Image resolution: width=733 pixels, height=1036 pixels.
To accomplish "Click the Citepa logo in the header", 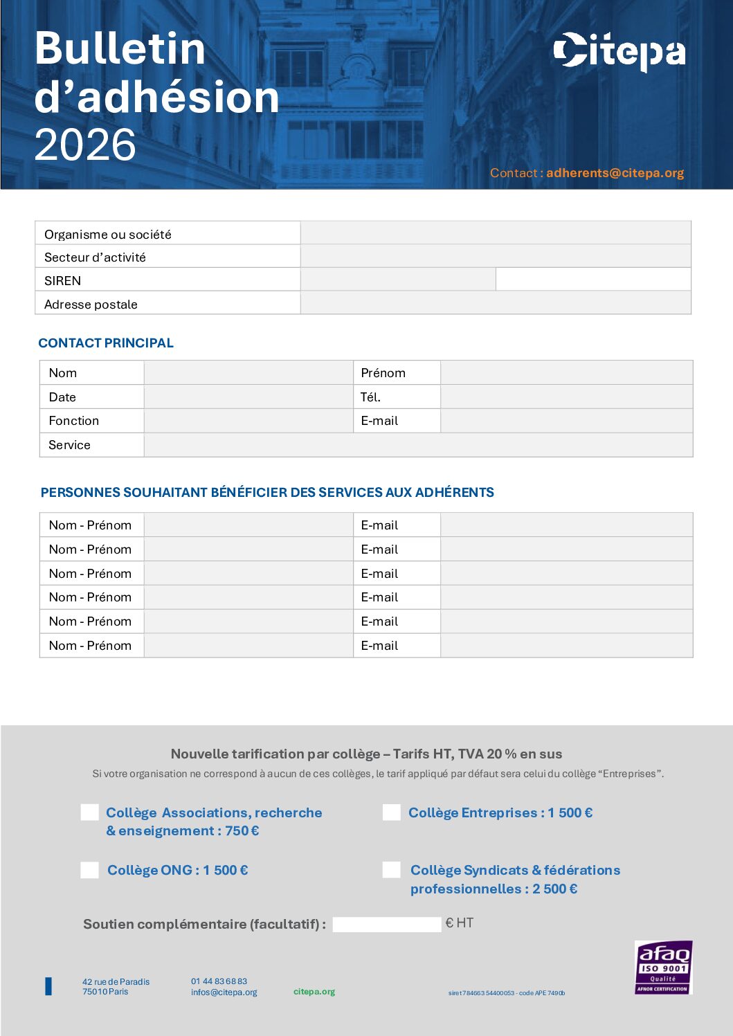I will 619,51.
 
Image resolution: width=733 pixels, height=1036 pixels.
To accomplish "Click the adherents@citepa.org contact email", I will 615,173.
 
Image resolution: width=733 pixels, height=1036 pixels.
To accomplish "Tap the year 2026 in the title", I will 85,145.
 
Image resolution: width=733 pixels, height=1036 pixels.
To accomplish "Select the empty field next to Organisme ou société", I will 496,233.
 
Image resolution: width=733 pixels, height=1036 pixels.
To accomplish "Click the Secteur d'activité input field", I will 496,257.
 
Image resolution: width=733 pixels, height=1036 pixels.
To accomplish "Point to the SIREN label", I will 63,280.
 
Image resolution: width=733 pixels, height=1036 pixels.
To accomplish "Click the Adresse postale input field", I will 496,303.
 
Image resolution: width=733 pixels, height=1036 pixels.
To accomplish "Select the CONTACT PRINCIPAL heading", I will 106,343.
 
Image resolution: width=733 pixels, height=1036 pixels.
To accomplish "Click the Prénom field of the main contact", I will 566,372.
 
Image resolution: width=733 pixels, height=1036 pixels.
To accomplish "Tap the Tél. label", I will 370,397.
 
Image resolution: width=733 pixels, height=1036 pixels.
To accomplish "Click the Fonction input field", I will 248,421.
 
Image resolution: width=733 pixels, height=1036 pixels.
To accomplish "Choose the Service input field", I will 418,445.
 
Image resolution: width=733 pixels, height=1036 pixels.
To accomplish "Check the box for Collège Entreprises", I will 392,812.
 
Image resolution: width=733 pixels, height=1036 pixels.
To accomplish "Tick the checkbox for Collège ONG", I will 90,870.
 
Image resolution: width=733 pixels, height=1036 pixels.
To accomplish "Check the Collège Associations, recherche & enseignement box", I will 90,812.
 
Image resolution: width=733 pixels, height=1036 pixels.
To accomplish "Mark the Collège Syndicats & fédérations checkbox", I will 392,870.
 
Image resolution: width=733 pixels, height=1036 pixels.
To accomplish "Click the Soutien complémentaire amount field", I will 386,924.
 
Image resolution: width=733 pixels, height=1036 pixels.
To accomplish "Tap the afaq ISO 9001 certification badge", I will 663,967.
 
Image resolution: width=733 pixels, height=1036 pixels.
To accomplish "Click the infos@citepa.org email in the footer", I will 224,992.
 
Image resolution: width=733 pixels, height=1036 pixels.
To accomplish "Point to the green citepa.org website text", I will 314,992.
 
